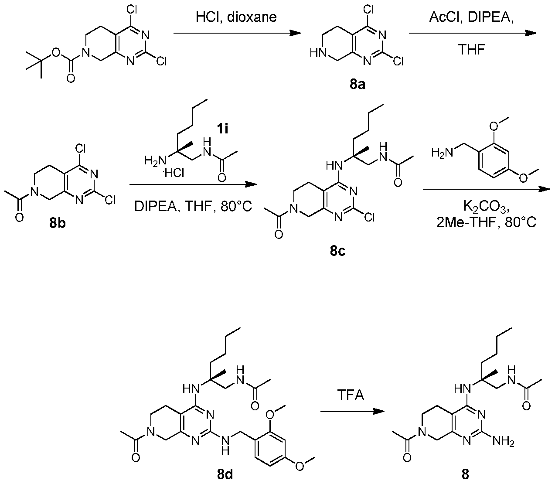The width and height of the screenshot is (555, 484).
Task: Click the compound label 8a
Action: click(x=357, y=85)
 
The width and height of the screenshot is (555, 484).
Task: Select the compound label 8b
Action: click(x=58, y=223)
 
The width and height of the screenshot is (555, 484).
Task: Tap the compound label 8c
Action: click(x=338, y=252)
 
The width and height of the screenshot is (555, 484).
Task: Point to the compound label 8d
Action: click(x=225, y=474)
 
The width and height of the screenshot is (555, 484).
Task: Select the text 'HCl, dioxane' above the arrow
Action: click(x=236, y=17)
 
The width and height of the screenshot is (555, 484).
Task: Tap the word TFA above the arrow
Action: click(x=351, y=395)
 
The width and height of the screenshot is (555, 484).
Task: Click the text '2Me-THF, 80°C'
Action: click(x=487, y=223)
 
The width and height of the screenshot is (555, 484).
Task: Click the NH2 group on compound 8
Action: click(x=503, y=442)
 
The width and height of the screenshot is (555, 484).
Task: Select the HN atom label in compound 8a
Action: click(x=318, y=53)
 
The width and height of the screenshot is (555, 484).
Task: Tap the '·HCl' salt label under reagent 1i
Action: click(x=174, y=173)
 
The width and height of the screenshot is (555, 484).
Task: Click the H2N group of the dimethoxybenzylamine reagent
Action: click(x=442, y=153)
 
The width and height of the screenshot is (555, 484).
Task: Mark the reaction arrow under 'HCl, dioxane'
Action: click(x=237, y=34)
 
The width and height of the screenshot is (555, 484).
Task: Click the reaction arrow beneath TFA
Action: click(x=352, y=412)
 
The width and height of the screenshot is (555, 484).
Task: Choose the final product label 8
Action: click(x=465, y=474)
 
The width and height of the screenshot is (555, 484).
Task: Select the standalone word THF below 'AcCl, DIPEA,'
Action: click(x=471, y=50)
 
